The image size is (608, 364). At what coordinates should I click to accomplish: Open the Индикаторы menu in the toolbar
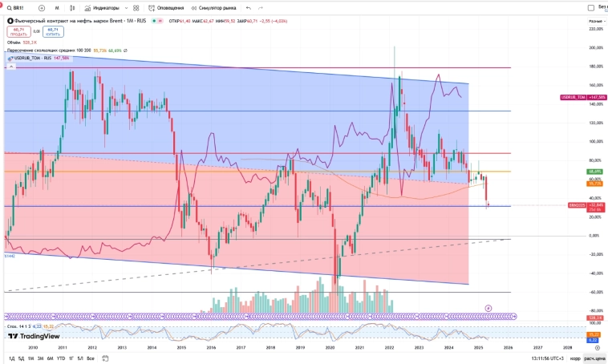[x=103, y=6]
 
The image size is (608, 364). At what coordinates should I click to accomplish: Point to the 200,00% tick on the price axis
[x=595, y=47]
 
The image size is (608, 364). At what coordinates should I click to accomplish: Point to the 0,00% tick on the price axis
[x=595, y=236]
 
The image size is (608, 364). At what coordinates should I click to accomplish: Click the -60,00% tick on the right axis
[x=595, y=292]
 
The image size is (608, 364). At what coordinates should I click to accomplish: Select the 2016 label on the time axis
[x=211, y=347]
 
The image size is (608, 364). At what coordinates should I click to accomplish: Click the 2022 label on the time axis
[x=389, y=347]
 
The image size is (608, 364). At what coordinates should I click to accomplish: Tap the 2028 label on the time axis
[x=568, y=347]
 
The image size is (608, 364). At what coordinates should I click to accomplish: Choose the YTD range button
[x=61, y=358]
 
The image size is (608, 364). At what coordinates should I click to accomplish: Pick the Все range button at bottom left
[x=91, y=358]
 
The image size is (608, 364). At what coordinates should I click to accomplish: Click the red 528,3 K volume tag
[x=595, y=318]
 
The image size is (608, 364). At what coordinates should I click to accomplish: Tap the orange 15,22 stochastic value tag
[x=595, y=334]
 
